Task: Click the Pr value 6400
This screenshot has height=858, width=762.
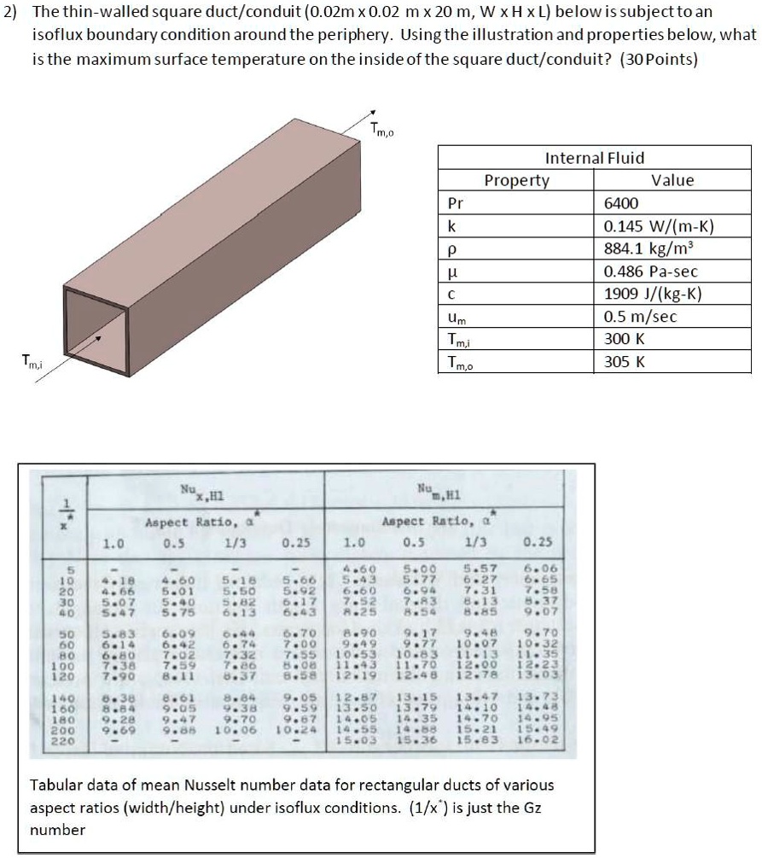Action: (620, 203)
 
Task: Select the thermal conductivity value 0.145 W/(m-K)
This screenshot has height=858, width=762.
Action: (658, 226)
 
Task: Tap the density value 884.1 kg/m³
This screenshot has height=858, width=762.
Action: (647, 249)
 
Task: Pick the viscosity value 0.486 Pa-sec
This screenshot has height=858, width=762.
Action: (651, 271)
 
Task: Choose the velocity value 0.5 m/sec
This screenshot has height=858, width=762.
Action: (640, 318)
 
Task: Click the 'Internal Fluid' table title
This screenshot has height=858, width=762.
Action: (595, 158)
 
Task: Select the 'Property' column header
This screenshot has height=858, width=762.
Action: (516, 180)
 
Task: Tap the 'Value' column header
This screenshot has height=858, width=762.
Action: (672, 180)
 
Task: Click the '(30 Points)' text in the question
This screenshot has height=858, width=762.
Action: (658, 60)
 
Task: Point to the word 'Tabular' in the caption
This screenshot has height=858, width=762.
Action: (56, 785)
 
